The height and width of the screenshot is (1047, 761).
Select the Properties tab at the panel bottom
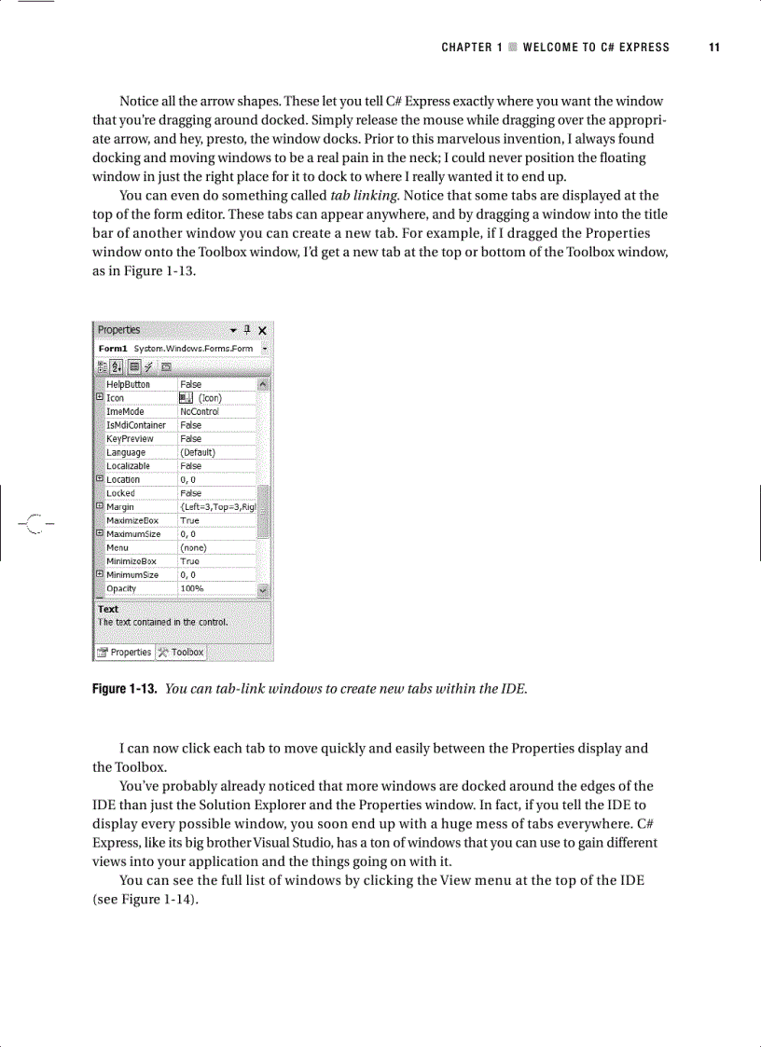[x=125, y=653]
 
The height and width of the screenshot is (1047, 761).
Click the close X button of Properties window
[x=262, y=330]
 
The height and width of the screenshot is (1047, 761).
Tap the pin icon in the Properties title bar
[x=247, y=330]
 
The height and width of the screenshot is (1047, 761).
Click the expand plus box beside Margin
[x=100, y=507]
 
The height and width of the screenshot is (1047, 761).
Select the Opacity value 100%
[x=191, y=589]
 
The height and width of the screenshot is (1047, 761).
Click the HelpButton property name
[x=128, y=384]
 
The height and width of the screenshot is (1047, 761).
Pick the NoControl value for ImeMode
[x=199, y=411]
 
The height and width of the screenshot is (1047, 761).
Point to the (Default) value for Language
[x=197, y=452]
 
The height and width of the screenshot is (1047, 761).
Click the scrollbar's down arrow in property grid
[x=263, y=590]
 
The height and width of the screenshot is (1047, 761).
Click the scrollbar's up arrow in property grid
[x=263, y=384]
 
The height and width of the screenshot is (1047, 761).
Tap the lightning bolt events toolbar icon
[x=149, y=366]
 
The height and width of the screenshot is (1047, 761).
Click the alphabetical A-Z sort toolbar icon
[x=118, y=366]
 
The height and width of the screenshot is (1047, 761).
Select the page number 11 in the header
[x=713, y=48]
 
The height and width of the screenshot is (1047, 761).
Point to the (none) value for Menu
[x=193, y=548]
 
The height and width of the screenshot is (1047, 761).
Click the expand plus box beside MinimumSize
[x=100, y=575]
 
